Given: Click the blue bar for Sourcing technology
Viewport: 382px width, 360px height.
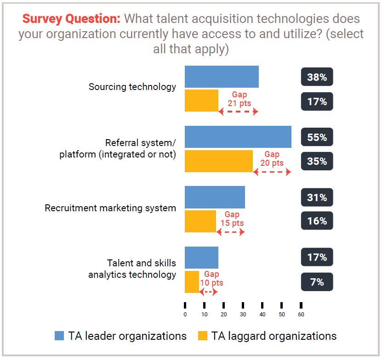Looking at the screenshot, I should [222, 77].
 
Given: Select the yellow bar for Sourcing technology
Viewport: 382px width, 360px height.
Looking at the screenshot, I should [201, 101].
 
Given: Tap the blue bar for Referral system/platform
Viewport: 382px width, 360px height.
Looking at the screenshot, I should [238, 137].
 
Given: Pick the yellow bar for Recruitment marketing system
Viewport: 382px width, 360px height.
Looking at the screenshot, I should [200, 221].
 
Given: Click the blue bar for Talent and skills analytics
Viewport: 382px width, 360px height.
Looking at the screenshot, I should [201, 258].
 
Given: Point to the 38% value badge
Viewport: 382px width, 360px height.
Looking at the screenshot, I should [317, 77].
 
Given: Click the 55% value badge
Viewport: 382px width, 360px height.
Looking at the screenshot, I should [317, 137].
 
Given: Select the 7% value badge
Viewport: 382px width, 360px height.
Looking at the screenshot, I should [317, 282].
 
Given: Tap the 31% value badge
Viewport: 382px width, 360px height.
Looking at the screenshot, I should [317, 197].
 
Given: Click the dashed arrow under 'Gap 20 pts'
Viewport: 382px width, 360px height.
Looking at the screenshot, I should [272, 172].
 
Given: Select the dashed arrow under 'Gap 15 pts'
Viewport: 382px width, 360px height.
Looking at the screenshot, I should [230, 232].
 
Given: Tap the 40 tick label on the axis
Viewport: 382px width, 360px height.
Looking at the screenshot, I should [262, 315].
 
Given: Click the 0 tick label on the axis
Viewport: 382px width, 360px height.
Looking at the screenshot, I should [185, 315].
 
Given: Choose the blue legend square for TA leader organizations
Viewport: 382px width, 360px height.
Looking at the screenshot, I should [59, 336].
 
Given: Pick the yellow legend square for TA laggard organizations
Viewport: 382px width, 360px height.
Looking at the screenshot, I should [202, 336].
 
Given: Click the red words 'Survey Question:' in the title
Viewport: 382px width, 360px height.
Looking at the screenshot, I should [71, 19].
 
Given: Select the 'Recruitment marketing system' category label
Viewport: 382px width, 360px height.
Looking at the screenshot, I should [110, 208].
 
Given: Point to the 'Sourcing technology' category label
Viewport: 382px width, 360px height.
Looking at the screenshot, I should [132, 87].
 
